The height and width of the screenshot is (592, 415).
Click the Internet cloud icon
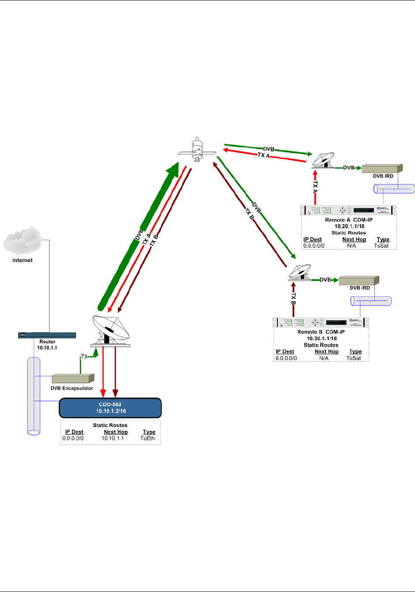[22, 241]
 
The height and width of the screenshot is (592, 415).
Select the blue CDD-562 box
[110, 408]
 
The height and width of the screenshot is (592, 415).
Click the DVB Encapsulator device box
[73, 379]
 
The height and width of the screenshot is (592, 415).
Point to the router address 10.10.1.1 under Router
[47, 348]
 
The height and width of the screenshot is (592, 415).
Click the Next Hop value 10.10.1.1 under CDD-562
[113, 438]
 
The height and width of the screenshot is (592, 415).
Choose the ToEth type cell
[148, 438]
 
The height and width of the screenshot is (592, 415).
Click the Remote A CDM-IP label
[348, 220]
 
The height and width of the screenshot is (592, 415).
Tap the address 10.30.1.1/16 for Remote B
[322, 338]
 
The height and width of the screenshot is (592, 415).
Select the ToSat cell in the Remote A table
[382, 246]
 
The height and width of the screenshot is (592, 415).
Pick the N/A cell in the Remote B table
[324, 358]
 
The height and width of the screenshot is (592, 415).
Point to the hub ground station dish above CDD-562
[110, 330]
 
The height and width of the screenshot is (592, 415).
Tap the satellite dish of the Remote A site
[323, 160]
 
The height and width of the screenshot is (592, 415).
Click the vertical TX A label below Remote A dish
[315, 187]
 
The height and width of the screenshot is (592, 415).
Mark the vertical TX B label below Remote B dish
[293, 299]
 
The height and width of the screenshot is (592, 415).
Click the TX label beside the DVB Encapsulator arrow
[84, 357]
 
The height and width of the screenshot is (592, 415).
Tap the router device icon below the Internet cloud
[47, 335]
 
